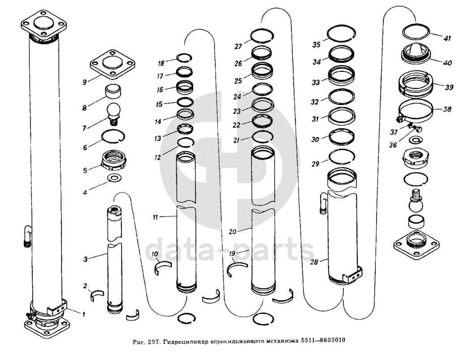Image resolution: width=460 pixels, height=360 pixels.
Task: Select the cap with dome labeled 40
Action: (x=417, y=52)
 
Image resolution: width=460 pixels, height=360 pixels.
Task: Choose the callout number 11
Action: (x=155, y=217)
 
